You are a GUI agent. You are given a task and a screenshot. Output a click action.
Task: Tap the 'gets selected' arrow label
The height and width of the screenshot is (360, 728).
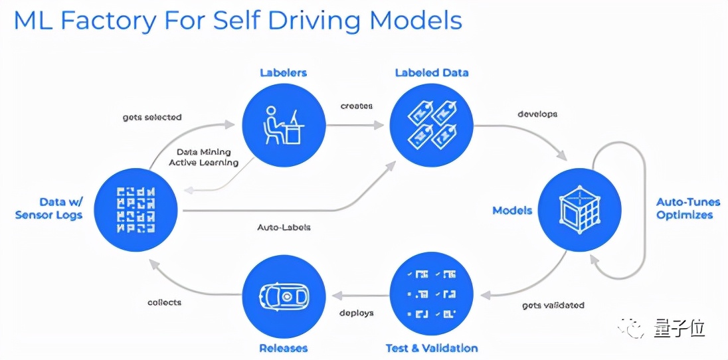click(152, 118)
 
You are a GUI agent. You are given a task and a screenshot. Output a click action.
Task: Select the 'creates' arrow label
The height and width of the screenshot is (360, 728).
click(357, 106)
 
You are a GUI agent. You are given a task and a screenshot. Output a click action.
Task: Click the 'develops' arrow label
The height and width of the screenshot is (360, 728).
click(537, 114)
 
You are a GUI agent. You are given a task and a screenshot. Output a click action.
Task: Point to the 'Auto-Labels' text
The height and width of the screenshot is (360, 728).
click(284, 227)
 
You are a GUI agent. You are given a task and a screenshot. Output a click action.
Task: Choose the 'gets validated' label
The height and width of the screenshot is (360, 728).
click(553, 305)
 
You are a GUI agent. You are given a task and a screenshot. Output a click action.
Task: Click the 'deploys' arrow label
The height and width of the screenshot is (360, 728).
click(357, 313)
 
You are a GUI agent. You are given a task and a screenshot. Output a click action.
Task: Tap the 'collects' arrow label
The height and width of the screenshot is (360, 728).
click(165, 302)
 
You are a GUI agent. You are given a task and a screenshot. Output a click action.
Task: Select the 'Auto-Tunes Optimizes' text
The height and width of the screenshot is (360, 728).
click(684, 209)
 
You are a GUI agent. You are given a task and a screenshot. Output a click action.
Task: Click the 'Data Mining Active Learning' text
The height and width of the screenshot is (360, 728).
click(203, 157)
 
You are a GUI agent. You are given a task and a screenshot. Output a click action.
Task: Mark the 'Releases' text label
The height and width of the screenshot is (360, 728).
click(283, 348)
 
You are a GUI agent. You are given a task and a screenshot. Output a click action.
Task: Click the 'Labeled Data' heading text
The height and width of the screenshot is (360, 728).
click(432, 72)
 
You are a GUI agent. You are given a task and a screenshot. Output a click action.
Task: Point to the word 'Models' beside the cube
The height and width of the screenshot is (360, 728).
click(512, 211)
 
